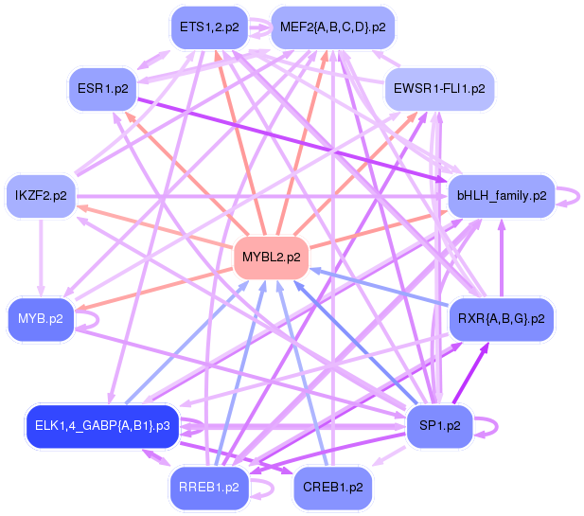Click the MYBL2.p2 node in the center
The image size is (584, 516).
tap(271, 257)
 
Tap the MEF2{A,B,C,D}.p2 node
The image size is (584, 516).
tap(332, 27)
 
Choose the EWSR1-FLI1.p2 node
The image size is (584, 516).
tap(438, 88)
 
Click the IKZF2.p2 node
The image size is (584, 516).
tap(41, 196)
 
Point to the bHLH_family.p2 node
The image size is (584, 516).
tap(502, 196)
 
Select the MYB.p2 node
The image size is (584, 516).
tap(41, 318)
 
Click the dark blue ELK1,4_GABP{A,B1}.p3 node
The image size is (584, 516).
tap(103, 425)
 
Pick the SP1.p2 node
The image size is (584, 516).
tap(439, 425)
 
